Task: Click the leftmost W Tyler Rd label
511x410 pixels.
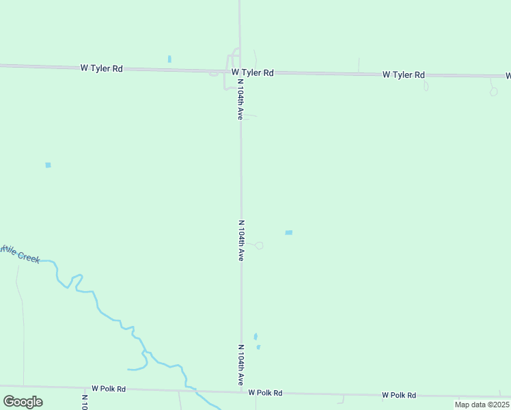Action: [x=101, y=68]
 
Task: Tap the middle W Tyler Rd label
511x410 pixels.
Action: [x=252, y=72]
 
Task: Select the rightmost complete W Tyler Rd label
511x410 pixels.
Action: [x=403, y=74]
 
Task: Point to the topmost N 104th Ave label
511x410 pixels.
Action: [x=240, y=99]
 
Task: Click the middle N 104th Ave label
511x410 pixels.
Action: [x=241, y=241]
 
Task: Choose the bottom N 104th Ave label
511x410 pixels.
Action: [x=241, y=365]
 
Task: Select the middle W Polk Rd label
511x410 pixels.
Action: [x=265, y=393]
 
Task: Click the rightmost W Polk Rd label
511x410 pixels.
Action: [x=399, y=395]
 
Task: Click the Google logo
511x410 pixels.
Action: [x=23, y=401]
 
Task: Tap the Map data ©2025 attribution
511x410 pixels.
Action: [x=482, y=405]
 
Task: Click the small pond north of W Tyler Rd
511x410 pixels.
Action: [x=169, y=59]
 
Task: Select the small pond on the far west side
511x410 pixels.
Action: [x=48, y=165]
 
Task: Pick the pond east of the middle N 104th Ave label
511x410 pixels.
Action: [x=288, y=233]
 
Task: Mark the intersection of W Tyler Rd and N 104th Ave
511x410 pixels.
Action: [x=240, y=71]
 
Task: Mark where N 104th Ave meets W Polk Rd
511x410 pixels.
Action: [x=241, y=392]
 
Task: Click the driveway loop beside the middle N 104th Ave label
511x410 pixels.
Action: [x=259, y=245]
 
